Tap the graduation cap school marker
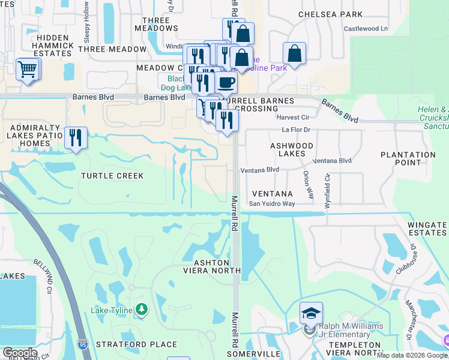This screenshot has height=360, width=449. [312, 313]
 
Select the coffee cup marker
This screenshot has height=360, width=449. [226, 83]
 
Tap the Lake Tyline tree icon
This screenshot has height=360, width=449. [142, 310]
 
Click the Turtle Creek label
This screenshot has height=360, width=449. [113, 176]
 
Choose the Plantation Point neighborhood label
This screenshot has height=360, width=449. [408, 159]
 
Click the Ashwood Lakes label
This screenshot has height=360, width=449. [292, 149]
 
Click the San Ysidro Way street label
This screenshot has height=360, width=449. [272, 203]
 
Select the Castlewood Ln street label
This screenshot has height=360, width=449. [366, 28]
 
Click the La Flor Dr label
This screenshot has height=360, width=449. [296, 129]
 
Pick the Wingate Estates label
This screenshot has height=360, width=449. [427, 229]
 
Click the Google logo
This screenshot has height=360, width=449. [20, 353]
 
